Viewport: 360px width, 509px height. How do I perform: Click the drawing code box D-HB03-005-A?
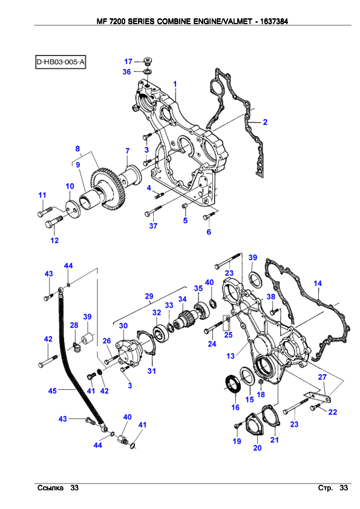[61, 62]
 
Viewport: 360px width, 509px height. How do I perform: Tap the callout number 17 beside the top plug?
[128, 61]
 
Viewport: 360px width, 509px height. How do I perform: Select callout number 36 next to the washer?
[126, 72]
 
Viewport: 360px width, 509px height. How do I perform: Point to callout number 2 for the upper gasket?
[265, 122]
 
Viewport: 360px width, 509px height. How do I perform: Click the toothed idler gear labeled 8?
[105, 187]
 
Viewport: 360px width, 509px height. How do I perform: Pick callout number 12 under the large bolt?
[54, 240]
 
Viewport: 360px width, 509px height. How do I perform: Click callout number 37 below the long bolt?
[153, 226]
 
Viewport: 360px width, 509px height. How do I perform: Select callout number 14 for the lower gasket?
[318, 284]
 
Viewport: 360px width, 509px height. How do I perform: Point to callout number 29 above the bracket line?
[149, 296]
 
